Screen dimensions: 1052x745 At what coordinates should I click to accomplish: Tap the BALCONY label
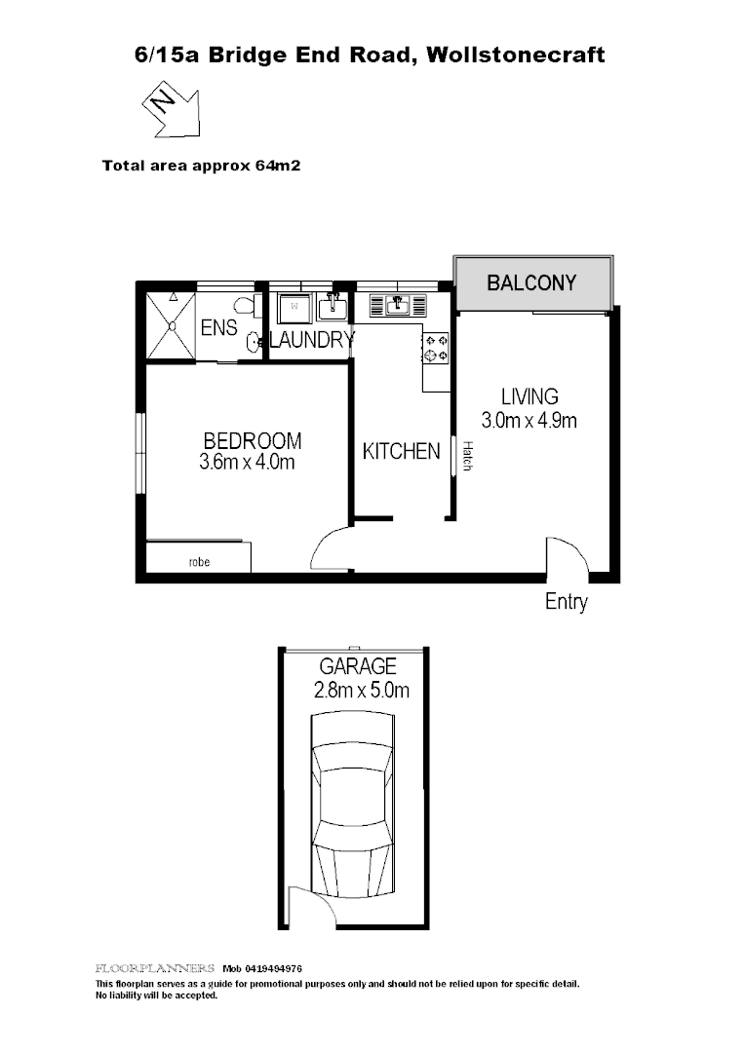[x=531, y=283]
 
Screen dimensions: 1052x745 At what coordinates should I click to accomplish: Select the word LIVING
[x=529, y=396]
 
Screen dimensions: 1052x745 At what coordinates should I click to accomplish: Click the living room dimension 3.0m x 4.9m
[x=529, y=421]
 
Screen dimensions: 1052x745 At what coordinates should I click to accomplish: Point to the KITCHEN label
[x=401, y=452]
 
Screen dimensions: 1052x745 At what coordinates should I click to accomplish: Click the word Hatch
[x=468, y=458]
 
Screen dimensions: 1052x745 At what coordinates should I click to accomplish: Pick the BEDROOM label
[x=252, y=441]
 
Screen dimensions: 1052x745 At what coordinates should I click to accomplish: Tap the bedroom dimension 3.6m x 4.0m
[x=246, y=463]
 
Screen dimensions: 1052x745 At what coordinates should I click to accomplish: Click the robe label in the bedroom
[x=199, y=562]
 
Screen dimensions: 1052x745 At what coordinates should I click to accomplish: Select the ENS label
[x=218, y=328]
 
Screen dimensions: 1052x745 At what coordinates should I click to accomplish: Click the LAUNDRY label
[x=311, y=340]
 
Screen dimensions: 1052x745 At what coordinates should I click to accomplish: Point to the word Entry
[x=566, y=602]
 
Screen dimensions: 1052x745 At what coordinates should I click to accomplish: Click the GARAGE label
[x=359, y=667]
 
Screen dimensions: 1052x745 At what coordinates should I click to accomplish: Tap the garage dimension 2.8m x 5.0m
[x=360, y=692]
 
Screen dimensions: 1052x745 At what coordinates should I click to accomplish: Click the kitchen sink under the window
[x=398, y=307]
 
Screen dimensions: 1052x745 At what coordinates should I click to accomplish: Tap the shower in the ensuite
[x=170, y=326]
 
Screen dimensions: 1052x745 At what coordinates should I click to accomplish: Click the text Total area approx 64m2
[x=201, y=166]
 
